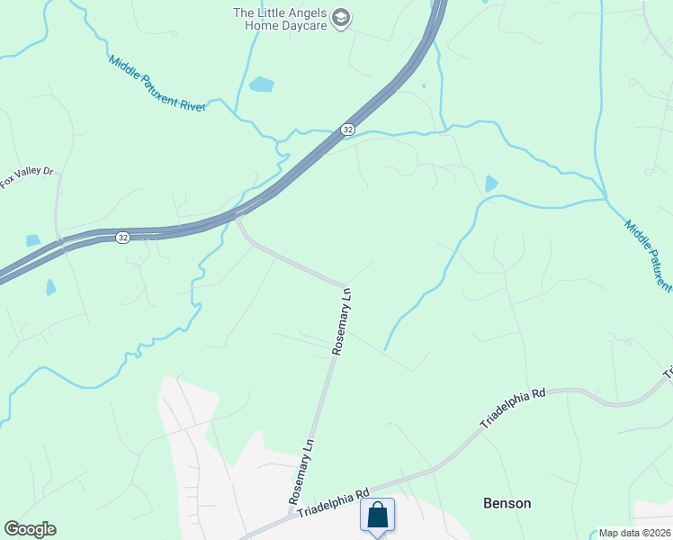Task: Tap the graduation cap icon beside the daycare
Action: point(340,17)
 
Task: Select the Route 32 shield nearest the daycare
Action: point(347,130)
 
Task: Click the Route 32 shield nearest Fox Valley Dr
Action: point(122,237)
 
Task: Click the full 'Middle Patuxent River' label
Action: point(157,84)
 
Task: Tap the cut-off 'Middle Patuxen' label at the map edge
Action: point(648,256)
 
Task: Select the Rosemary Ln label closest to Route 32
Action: point(342,321)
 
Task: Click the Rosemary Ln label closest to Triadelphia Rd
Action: point(301,472)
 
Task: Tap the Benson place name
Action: point(507,503)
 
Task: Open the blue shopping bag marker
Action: point(378,516)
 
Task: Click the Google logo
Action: point(30,528)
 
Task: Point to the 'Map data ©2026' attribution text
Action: point(634,533)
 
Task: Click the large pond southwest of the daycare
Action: point(261,85)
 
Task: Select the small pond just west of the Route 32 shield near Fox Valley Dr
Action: point(33,240)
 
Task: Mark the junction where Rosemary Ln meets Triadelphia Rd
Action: point(290,517)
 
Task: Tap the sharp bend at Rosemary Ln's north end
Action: point(345,285)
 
